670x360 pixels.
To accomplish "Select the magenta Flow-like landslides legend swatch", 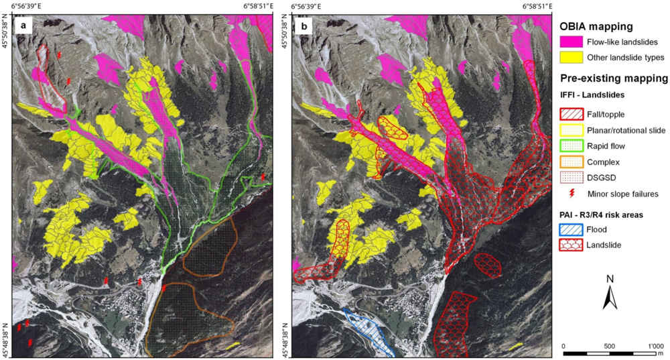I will coord(570,42).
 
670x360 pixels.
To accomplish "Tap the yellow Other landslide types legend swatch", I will coord(570,58).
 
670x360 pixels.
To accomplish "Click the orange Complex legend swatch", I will coord(570,163).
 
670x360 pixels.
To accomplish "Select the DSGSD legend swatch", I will coord(570,178).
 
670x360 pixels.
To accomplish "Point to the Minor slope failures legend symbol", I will coord(570,194).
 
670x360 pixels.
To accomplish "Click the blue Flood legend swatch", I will coord(570,229).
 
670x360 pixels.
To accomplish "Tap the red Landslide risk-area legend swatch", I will coord(570,245).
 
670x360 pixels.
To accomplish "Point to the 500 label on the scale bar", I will coord(608,346).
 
